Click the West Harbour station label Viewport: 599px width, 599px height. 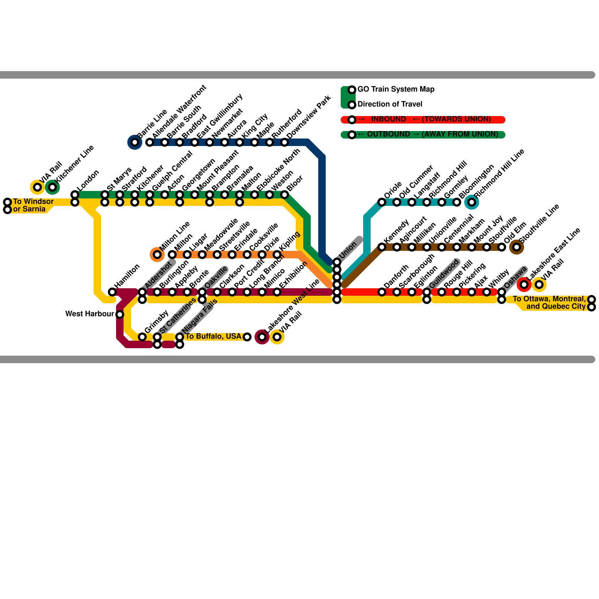pos(89,314)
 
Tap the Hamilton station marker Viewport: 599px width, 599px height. pos(112,292)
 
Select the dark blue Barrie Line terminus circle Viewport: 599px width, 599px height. pos(135,142)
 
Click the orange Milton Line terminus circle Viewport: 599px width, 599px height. pos(157,255)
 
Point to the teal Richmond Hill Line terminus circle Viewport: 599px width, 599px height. pos(472,202)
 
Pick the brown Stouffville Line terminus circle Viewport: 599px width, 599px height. pos(517,247)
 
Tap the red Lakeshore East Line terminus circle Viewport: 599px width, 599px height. pos(524,285)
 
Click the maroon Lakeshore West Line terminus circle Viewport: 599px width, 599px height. pos(262,337)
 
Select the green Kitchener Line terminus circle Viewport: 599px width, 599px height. pos(52,187)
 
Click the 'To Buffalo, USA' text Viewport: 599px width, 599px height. pos(213,337)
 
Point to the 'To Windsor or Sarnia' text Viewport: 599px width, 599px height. pos(33,205)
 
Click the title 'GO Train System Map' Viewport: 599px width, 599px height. pos(396,89)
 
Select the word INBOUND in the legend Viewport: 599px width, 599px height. pos(388,119)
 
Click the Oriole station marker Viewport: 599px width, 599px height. pos(382,202)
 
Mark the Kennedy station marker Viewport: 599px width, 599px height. pos(382,247)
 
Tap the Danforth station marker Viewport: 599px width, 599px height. pos(382,292)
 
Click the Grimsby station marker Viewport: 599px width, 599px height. pos(142,337)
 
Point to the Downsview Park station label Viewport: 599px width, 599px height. pos(308,117)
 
